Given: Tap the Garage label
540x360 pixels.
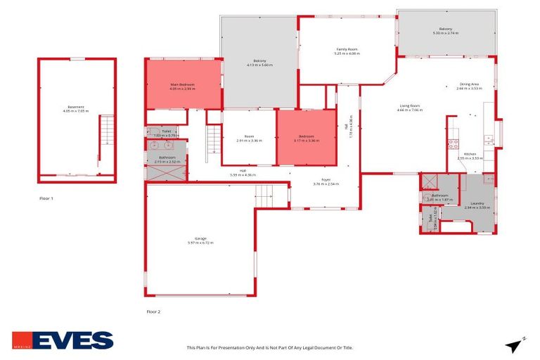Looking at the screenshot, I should coord(200,239).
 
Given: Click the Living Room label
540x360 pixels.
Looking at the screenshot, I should coord(409,105).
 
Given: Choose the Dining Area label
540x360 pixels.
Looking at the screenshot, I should coord(469,84).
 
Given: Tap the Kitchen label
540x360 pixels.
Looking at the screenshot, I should coord(470,154).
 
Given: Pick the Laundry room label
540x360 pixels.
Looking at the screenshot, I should coord(475,203).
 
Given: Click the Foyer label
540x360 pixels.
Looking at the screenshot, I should coord(326,180).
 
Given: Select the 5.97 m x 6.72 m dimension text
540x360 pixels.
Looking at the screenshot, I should coord(200,243).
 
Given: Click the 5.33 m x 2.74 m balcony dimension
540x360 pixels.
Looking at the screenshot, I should coord(446,33).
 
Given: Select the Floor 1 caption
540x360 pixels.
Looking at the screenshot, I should coord(46,198).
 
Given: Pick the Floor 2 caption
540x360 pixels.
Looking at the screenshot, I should coord(153,311).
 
